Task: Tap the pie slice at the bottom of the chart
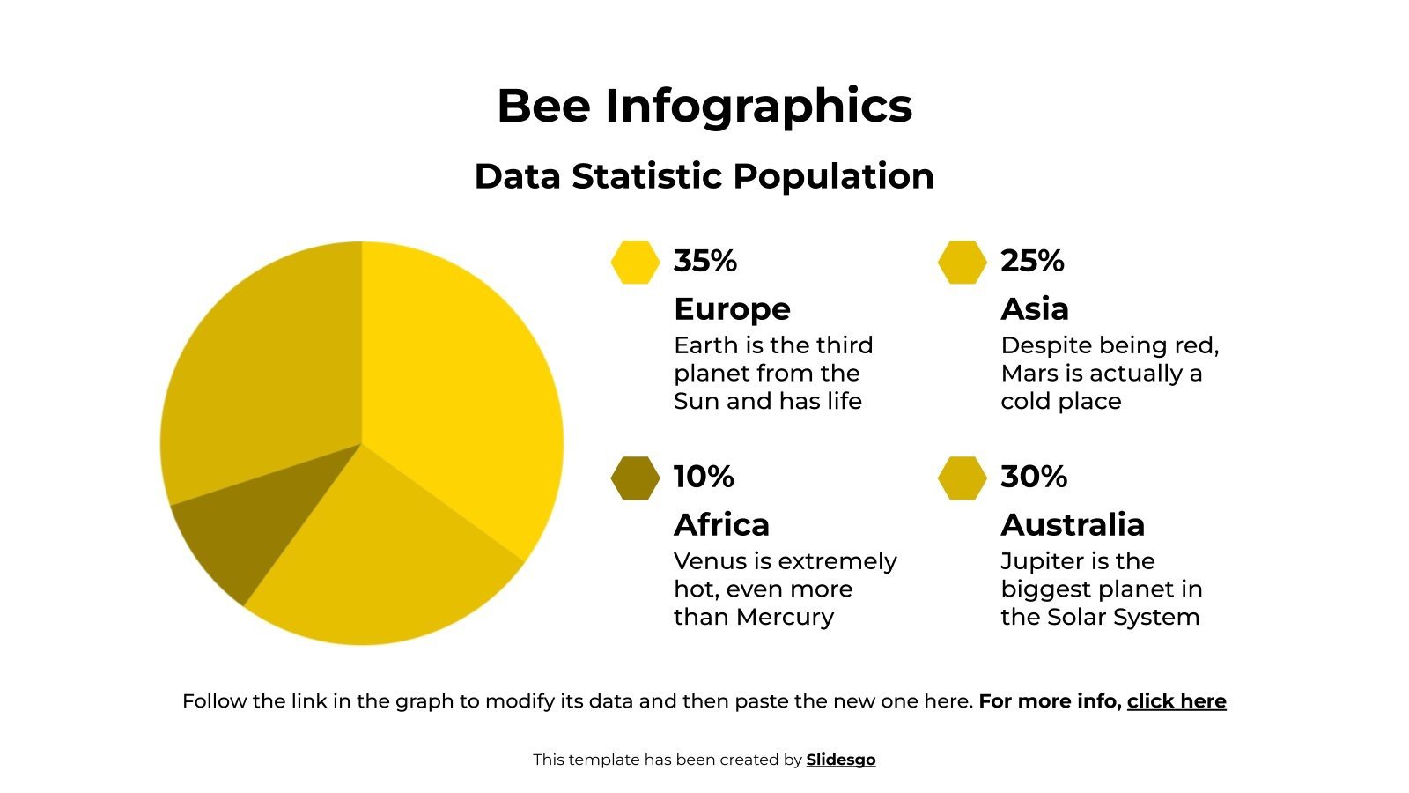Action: pos(379,564)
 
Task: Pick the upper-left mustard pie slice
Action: pos(264,370)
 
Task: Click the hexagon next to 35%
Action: pos(635,262)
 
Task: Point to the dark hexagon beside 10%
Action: pos(635,478)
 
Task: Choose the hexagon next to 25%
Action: pos(962,262)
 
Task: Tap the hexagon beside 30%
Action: pos(962,478)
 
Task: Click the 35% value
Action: pos(704,261)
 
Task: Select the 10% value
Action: pos(704,477)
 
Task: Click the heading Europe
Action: pos(732,309)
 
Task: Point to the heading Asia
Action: pos(1035,309)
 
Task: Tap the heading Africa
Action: pos(721,525)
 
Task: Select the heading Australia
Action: pos(1073,525)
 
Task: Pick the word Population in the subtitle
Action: pos(833,176)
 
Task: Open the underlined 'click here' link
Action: pos(1177,701)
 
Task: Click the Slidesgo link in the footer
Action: pos(841,760)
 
